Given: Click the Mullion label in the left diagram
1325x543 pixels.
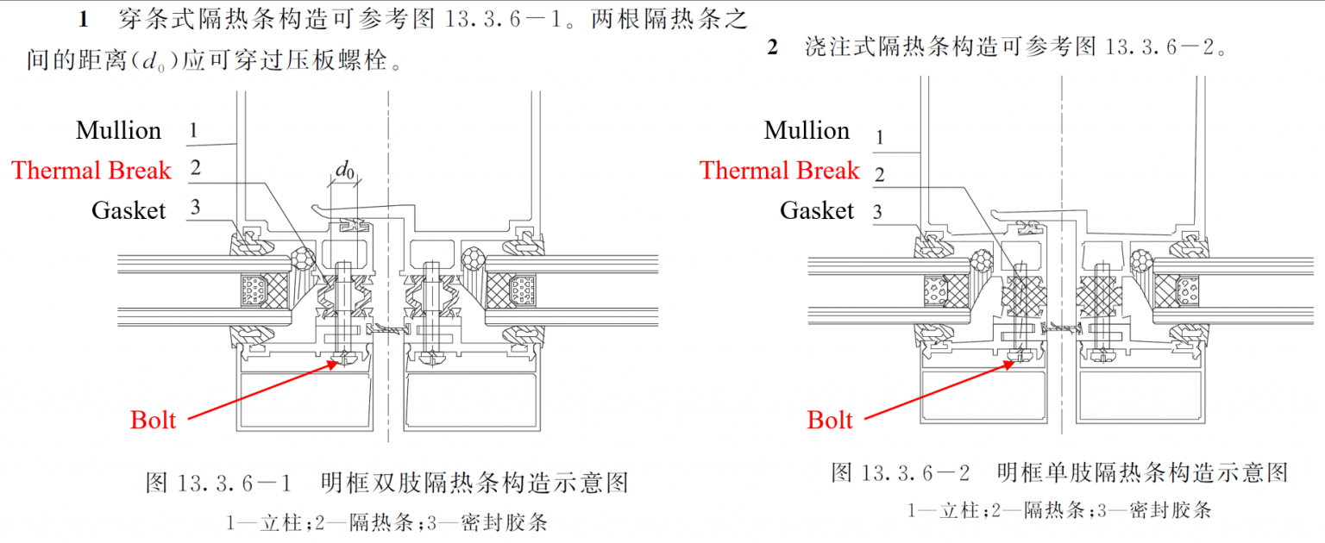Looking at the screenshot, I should point(119,131).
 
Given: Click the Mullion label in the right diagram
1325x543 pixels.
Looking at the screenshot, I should point(807,131).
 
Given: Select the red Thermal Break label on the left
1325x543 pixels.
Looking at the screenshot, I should point(91,171).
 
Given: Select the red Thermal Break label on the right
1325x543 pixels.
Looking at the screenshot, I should point(779,171).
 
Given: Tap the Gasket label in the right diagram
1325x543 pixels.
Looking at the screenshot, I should point(817,210).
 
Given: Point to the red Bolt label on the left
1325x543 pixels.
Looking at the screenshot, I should point(153,420).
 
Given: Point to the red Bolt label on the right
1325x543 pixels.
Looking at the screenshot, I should point(830,420).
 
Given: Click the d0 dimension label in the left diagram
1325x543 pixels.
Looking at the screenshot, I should point(345,171).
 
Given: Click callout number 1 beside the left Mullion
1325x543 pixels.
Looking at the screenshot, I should point(194,131).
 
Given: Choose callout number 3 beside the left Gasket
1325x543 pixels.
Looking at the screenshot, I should point(196,207).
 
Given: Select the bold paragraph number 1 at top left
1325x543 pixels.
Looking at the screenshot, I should point(83,19).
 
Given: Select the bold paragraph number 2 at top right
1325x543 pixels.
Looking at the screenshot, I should point(772,47).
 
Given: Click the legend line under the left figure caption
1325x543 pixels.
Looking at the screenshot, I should point(386,521).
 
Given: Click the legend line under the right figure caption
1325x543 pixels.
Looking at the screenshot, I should point(1059,509).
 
